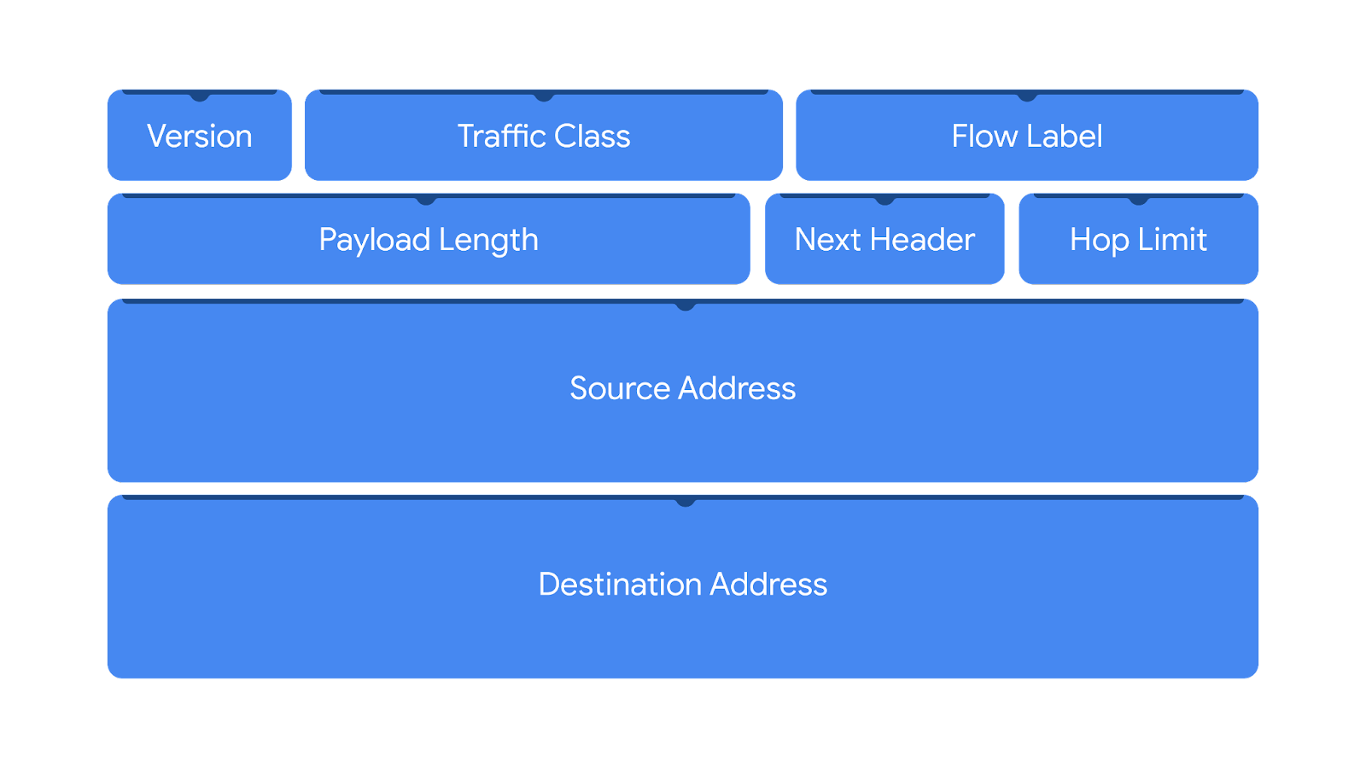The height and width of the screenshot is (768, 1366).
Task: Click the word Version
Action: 199,137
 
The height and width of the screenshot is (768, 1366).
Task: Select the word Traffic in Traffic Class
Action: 501,137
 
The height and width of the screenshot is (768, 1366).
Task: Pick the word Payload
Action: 374,240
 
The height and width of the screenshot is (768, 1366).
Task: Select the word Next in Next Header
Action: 827,240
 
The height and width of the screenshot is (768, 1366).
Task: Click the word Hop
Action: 1099,240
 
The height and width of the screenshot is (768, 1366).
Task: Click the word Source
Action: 620,389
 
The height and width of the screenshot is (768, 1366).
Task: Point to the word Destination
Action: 620,585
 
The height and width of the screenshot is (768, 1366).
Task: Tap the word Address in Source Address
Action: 737,389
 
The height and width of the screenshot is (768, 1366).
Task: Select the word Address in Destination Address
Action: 768,585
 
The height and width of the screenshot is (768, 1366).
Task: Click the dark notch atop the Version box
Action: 200,96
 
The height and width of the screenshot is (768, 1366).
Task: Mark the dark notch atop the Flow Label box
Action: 1027,96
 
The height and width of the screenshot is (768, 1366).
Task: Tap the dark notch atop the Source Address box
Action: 685,305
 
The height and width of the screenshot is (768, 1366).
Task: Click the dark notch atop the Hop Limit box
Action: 1138,201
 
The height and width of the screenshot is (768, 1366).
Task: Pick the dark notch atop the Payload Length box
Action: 426,201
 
